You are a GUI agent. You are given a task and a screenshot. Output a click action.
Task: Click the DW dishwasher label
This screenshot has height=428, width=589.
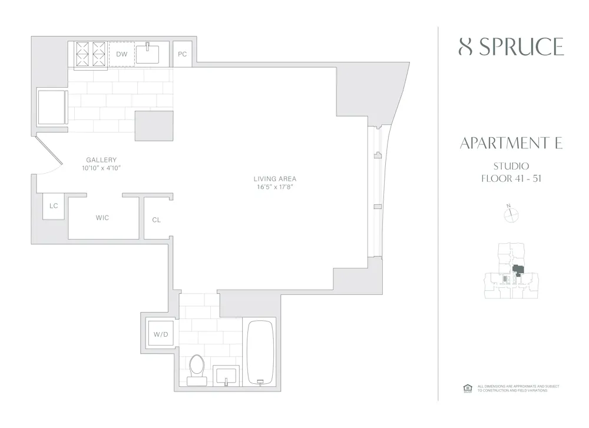(122, 54)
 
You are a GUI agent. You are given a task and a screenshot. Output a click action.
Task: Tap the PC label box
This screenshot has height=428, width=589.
(183, 54)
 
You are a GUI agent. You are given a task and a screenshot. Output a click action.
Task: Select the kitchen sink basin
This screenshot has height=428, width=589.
(152, 54)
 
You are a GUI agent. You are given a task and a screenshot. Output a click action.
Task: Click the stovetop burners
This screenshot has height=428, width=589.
(90, 54)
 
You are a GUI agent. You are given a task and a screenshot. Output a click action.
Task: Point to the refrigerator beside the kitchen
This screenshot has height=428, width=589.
(52, 107)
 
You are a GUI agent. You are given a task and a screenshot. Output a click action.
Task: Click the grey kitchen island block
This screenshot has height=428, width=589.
(154, 126)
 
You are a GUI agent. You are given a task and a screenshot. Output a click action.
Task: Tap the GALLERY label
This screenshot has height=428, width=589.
(101, 160)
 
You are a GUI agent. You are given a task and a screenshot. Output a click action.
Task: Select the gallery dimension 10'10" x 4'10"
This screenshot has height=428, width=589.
(101, 168)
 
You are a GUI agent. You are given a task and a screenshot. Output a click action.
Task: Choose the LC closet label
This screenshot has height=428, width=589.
(54, 206)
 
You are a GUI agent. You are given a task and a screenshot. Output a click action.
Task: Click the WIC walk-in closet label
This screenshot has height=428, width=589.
(102, 218)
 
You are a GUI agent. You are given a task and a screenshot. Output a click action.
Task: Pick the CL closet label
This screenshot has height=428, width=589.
(156, 220)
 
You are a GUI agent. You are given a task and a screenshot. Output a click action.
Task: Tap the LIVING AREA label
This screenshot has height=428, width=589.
(275, 179)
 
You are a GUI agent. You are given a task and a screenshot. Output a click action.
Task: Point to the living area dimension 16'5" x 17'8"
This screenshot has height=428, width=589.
(275, 187)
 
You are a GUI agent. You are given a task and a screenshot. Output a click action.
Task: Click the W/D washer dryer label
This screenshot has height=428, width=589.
(161, 334)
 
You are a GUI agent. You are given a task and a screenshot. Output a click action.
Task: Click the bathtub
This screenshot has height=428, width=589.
(260, 351)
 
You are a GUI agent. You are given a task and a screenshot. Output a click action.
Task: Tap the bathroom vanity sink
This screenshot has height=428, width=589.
(227, 375)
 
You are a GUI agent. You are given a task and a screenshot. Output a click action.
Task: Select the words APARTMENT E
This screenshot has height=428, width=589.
(510, 143)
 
